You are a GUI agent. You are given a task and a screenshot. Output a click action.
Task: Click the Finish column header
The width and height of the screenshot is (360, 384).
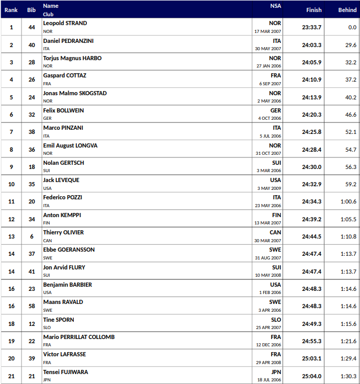pyautogui.click(x=314, y=10)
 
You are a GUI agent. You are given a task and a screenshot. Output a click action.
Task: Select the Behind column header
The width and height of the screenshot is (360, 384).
pyautogui.click(x=347, y=10)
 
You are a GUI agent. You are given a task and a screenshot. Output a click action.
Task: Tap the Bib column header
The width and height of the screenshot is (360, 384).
pyautogui.click(x=31, y=10)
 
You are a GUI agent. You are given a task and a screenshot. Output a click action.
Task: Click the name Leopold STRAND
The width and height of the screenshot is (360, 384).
pyautogui.click(x=65, y=24)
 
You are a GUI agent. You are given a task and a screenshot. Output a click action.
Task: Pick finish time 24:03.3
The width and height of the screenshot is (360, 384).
pyautogui.click(x=311, y=45)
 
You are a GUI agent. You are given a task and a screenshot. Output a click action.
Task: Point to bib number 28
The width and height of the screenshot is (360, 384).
pyautogui.click(x=31, y=62)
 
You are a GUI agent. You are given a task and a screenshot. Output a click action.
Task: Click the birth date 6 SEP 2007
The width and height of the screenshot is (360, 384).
pyautogui.click(x=270, y=84)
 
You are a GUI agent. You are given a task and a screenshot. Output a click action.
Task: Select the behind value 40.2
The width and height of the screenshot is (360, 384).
pyautogui.click(x=350, y=97)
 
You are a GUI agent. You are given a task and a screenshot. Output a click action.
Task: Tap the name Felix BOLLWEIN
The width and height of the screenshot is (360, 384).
pyautogui.click(x=63, y=111)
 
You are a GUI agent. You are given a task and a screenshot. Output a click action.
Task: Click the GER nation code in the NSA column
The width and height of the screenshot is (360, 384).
pyautogui.click(x=275, y=111)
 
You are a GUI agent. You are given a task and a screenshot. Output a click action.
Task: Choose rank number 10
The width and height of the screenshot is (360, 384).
pyautogui.click(x=12, y=184)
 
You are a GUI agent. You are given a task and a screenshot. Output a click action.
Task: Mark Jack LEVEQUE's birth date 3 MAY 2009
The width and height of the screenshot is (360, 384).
pyautogui.click(x=270, y=188)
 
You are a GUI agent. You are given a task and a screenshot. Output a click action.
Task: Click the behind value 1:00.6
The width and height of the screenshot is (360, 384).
pyautogui.click(x=348, y=201)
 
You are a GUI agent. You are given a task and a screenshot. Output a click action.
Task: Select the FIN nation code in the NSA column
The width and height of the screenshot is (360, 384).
pyautogui.click(x=276, y=215)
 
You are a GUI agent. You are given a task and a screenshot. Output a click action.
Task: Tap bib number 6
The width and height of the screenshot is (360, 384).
pyautogui.click(x=31, y=236)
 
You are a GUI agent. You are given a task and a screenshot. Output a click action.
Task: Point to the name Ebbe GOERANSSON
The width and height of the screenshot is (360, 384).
pyautogui.click(x=69, y=250)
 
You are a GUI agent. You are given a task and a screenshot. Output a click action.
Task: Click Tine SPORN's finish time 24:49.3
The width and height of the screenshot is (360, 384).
pyautogui.click(x=311, y=323)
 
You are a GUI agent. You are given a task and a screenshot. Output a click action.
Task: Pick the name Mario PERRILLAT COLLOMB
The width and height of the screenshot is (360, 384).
pyautogui.click(x=78, y=337)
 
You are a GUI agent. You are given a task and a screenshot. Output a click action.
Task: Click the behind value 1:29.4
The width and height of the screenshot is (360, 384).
pyautogui.click(x=348, y=358)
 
